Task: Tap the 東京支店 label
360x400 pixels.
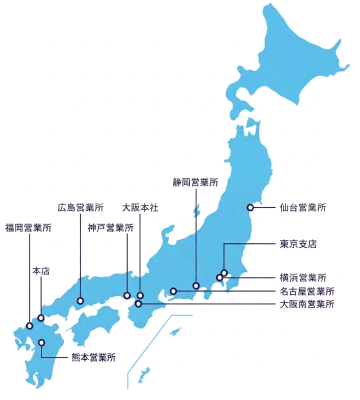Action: [298, 243]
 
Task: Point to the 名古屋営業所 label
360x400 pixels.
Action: [307, 291]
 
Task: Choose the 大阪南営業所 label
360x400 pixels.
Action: [307, 304]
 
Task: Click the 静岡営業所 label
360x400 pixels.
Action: [194, 184]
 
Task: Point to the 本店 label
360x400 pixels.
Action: [41, 270]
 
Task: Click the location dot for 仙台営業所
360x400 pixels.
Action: [249, 209]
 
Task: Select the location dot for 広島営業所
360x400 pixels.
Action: [79, 299]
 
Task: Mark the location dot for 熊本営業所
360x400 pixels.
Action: [43, 343]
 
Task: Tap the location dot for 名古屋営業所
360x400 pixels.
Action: [173, 291]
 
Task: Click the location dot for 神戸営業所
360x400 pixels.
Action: [127, 295]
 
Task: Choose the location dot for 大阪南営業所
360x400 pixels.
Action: [138, 303]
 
